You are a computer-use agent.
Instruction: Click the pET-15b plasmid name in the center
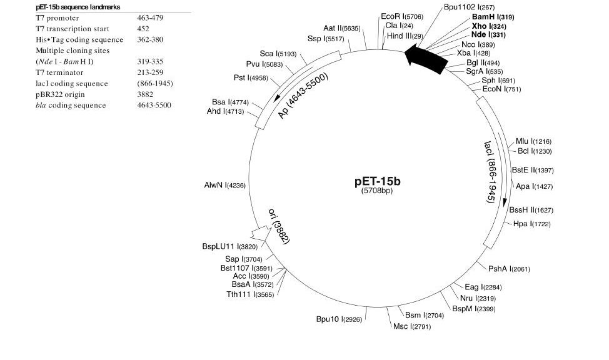tap(377, 181)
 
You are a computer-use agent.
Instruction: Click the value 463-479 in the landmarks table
tap(150, 18)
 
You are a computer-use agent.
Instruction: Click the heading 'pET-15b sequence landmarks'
tap(78, 6)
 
